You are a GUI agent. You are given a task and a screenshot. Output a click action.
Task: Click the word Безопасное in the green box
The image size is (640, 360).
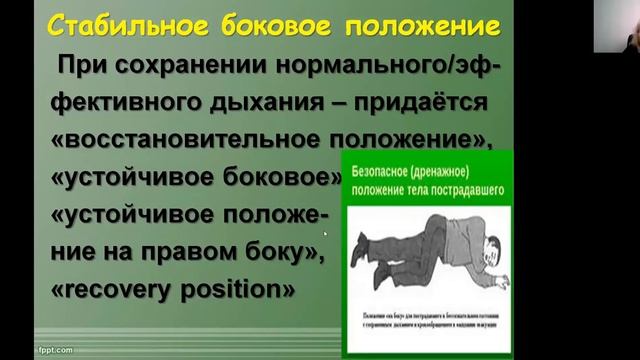(382, 172)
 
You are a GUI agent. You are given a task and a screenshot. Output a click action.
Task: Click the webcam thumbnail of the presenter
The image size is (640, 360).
(615, 26)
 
